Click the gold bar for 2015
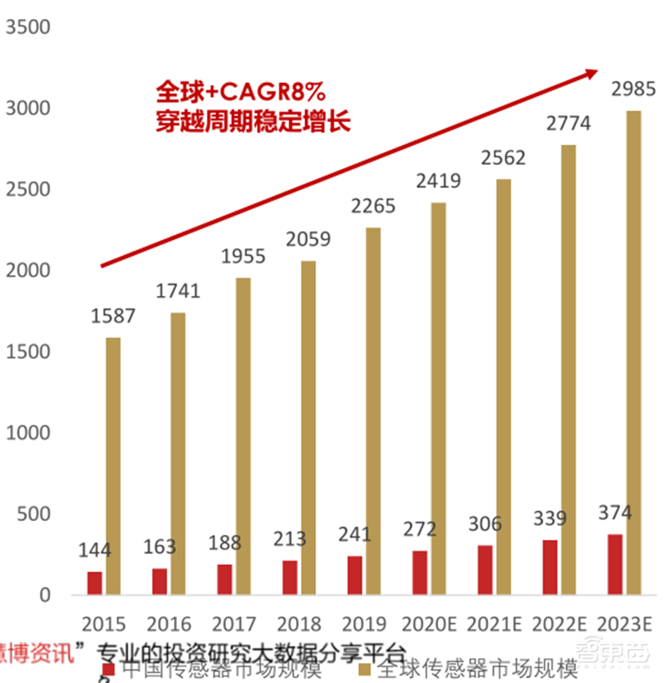click(112, 465)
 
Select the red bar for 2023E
click(615, 564)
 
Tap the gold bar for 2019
click(373, 410)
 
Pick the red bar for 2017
click(224, 579)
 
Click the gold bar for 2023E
click(633, 352)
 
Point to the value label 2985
click(633, 89)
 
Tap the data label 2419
click(438, 181)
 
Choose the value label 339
click(549, 519)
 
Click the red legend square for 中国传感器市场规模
click(106, 670)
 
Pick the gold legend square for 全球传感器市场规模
click(363, 670)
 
